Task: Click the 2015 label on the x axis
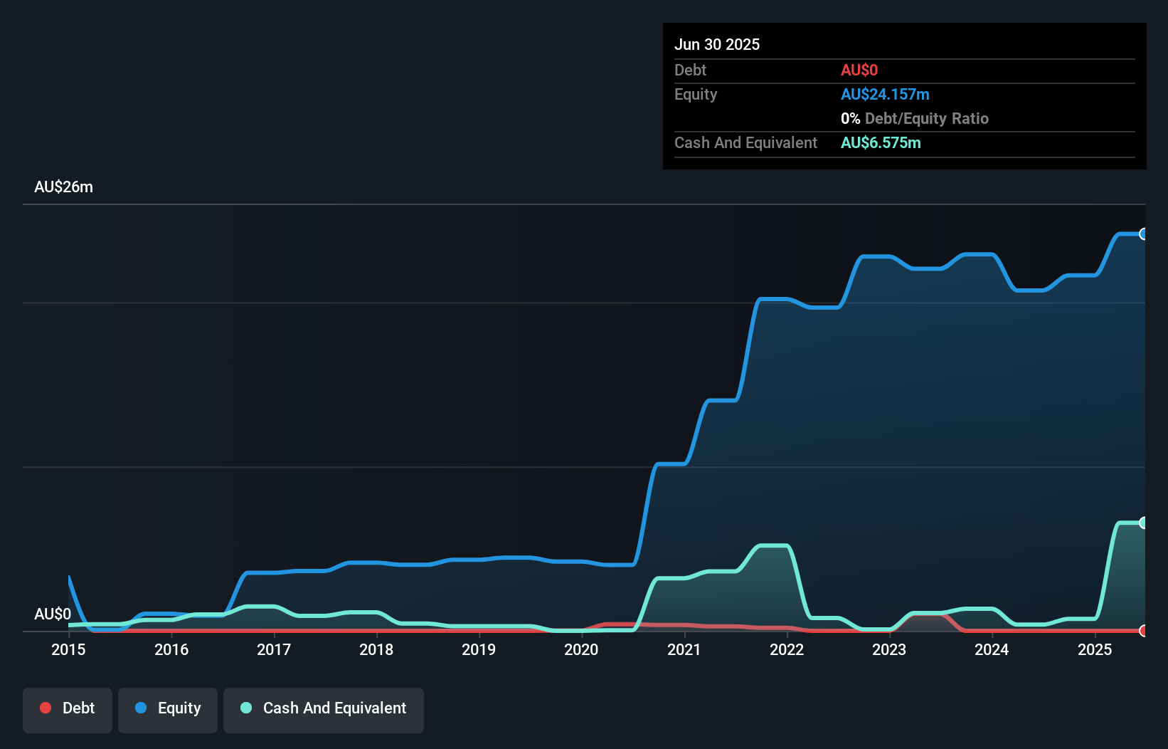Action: [68, 649]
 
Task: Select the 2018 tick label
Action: [376, 649]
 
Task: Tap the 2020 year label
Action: [581, 649]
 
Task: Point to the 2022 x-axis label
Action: [787, 649]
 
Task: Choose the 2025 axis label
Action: [1095, 649]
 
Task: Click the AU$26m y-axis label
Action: [63, 187]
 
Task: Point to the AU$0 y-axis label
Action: [53, 614]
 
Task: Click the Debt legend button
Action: [68, 708]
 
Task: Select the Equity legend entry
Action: [168, 708]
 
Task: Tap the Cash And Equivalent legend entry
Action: [324, 708]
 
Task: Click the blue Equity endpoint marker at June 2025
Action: [1144, 234]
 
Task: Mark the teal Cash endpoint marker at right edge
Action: [1144, 523]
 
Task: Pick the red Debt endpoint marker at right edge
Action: [1144, 631]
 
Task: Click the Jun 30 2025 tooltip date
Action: [717, 45]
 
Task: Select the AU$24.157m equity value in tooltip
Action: [885, 95]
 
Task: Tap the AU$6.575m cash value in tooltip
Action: [881, 143]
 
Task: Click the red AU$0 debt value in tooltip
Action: [859, 70]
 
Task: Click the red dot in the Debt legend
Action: [46, 708]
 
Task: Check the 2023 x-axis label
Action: [889, 649]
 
